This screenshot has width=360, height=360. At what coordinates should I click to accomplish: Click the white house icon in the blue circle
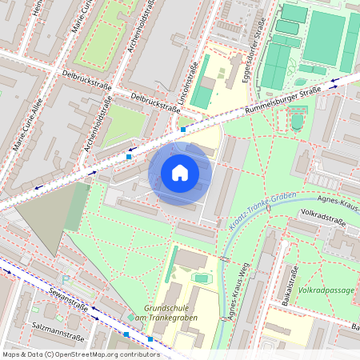[x=180, y=173]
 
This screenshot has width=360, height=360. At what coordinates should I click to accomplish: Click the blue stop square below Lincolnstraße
[x=183, y=128]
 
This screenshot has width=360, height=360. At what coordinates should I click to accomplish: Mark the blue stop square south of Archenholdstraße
[x=128, y=157]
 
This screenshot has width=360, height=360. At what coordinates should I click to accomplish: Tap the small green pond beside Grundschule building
[x=201, y=278]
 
